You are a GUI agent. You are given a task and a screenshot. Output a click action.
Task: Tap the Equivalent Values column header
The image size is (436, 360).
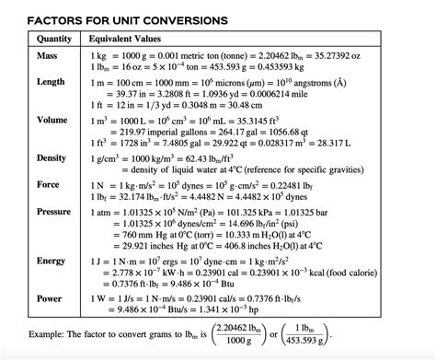point(131,40)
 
